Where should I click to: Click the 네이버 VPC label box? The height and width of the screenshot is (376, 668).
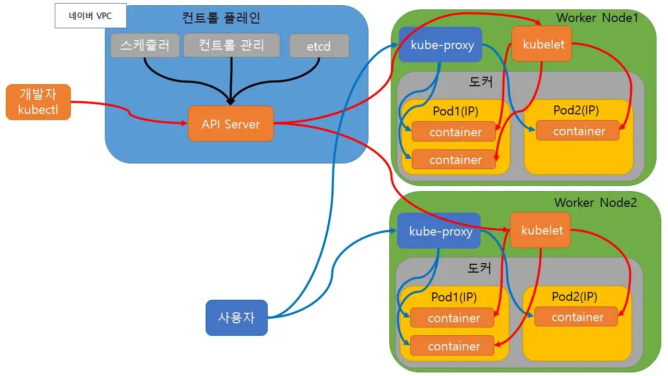(x=90, y=16)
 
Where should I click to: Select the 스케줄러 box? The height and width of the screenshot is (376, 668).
(x=145, y=45)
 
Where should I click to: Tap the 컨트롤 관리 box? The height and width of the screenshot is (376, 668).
(x=232, y=45)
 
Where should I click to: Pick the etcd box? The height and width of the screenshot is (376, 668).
(x=319, y=46)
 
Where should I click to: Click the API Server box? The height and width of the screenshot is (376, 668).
(x=231, y=124)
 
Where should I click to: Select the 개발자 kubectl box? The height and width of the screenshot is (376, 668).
(x=38, y=102)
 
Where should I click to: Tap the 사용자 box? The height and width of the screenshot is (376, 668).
(x=236, y=318)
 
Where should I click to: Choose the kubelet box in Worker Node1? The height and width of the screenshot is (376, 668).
(x=542, y=44)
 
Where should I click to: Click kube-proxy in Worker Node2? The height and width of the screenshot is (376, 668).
(x=438, y=230)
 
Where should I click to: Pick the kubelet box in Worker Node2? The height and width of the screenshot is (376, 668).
(x=540, y=230)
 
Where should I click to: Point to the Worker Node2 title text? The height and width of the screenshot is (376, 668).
(x=595, y=202)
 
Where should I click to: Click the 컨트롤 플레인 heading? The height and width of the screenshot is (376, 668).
(x=221, y=18)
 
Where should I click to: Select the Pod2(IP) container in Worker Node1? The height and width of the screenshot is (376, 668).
(x=578, y=131)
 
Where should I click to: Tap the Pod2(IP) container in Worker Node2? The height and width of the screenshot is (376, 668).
(x=576, y=317)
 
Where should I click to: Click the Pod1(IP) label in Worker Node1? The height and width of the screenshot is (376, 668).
(x=456, y=111)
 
